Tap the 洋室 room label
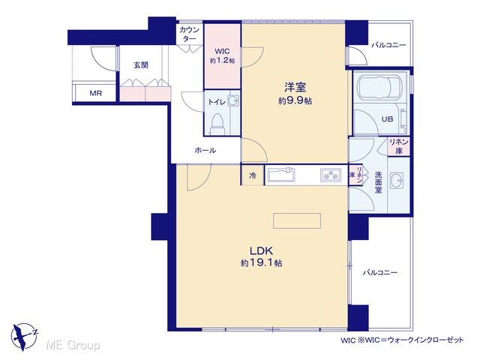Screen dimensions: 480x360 pos(295,87)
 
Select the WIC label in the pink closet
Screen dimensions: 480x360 pos(222,51)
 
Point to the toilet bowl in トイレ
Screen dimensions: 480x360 pos(217,123)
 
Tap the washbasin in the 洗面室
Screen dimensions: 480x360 pos(397,181)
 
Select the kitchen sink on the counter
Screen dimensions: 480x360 pos(281,175)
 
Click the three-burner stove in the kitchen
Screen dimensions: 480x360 pos(331,175)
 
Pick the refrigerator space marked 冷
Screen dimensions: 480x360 pos(253,175)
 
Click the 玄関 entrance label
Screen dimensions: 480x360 pos(141,65)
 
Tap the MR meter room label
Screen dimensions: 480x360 pos(96,93)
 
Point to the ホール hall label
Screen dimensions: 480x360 pos(205,150)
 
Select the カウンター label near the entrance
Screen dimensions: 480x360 pos(190,34)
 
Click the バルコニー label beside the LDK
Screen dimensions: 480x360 pos(380,272)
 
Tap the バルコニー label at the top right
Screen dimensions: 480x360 pos(388,45)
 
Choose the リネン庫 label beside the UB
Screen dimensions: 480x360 pos(399,146)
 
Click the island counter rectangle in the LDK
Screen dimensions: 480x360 pos(297,220)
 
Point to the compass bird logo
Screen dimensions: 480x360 pos(24,337)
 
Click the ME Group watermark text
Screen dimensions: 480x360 pos(73,345)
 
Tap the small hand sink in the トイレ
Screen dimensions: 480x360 pos(234,100)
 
